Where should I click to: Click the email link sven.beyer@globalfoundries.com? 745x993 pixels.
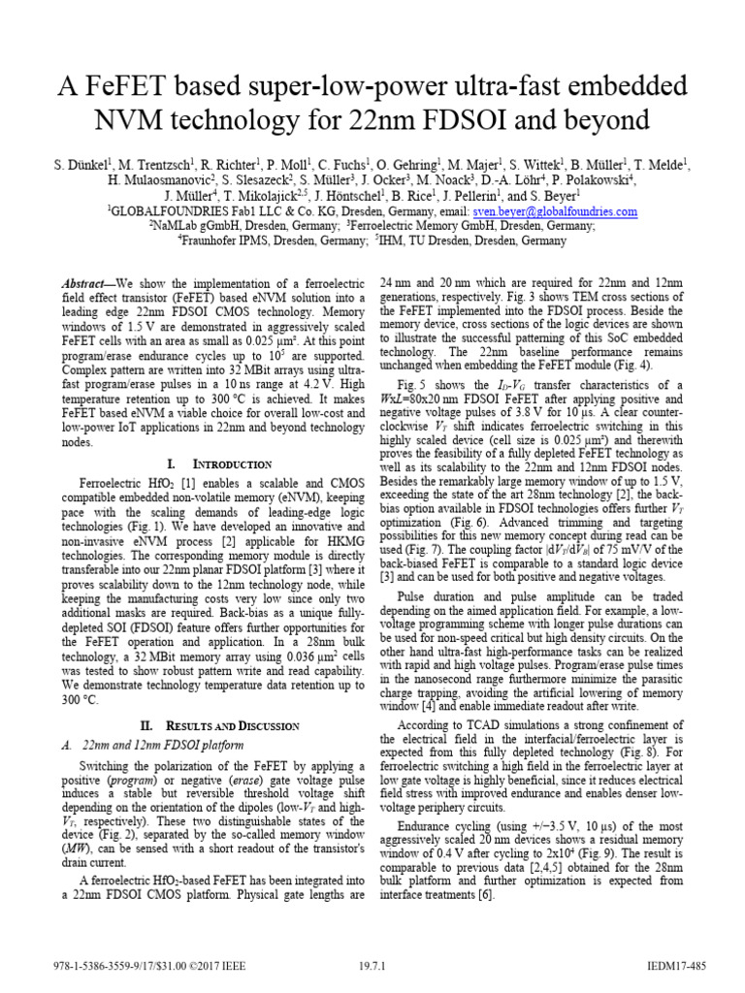tap(554, 211)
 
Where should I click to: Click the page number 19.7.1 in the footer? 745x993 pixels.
tap(372, 966)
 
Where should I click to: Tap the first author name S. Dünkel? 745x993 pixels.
tap(81, 166)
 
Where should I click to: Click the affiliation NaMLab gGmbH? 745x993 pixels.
tap(195, 226)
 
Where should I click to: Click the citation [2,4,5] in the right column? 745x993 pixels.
tap(519, 868)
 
